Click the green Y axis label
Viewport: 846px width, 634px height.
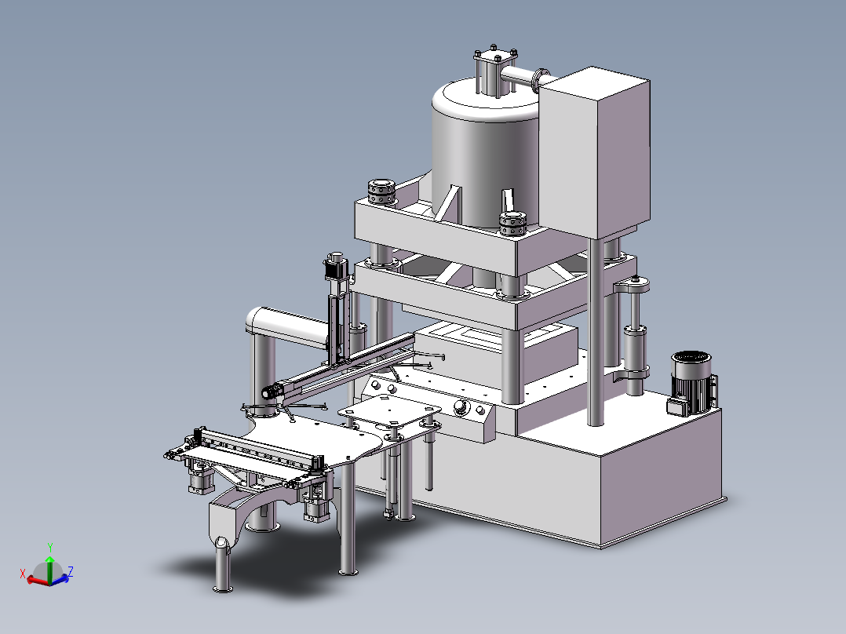[49, 548]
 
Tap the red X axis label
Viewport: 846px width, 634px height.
[23, 574]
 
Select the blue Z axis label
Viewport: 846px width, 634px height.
[71, 571]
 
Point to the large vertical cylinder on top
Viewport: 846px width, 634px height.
[486, 154]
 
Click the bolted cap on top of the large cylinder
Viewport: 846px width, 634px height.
[495, 56]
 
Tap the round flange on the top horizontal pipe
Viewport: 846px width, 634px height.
[540, 80]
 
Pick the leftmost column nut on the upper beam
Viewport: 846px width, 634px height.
[381, 192]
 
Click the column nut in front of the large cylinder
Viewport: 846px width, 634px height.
[512, 224]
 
